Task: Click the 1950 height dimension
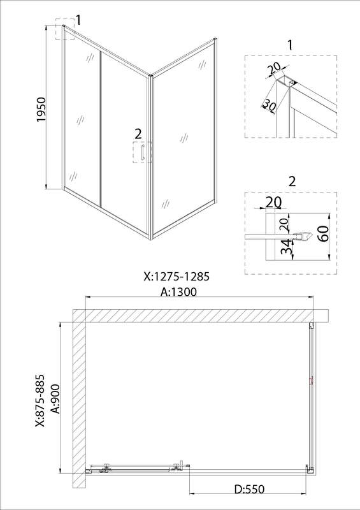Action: pos(42,109)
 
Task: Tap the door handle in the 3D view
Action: pos(142,152)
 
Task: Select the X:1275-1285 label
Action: pos(176,277)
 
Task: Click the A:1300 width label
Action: pos(178,292)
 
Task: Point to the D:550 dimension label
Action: pos(249,489)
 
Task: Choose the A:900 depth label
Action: pos(56,399)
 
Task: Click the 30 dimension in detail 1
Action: pos(269,105)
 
